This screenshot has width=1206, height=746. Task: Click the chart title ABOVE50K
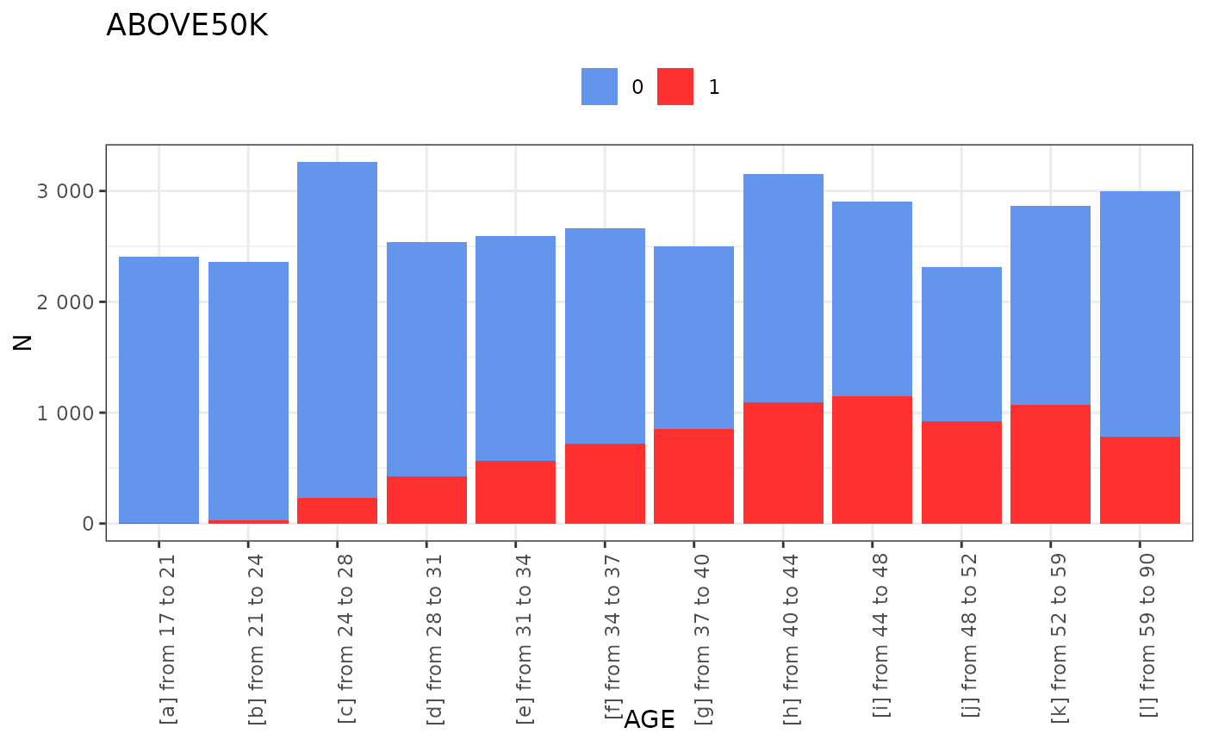(x=187, y=26)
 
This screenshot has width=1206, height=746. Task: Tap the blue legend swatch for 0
(x=600, y=86)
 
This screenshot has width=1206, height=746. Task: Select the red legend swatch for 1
(x=675, y=86)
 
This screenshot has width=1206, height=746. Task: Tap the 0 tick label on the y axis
(x=87, y=524)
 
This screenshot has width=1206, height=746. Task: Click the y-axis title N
(x=23, y=342)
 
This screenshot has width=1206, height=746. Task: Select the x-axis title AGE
(x=649, y=719)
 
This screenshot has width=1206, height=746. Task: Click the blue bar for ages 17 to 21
(x=159, y=388)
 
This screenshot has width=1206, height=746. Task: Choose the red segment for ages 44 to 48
(x=872, y=460)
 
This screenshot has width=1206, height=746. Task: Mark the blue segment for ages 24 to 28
(x=337, y=327)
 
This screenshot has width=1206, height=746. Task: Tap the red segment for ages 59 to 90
(x=1140, y=480)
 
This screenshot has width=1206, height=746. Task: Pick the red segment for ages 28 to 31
(x=426, y=500)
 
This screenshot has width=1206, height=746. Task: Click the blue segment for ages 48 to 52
(x=961, y=345)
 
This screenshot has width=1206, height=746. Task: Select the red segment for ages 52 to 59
(x=1050, y=463)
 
